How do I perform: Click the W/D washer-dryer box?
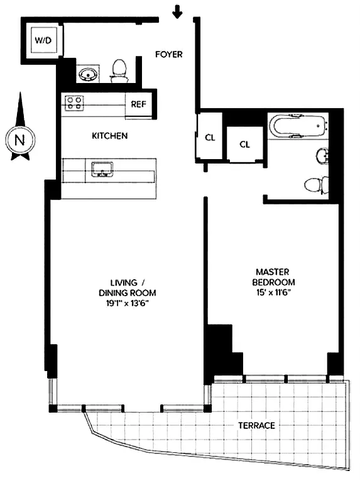[x=43, y=40]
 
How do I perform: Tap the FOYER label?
[x=169, y=55]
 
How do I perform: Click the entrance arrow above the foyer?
[x=178, y=11]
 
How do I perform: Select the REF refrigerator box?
[x=139, y=105]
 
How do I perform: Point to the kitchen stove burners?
[x=74, y=103]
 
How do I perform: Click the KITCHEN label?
[x=110, y=136]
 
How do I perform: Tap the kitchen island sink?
[x=101, y=169]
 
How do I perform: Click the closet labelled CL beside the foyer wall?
[x=210, y=138]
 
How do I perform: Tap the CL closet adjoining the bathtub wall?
[x=245, y=144]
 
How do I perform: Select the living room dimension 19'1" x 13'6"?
[x=127, y=303]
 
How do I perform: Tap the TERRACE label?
[x=256, y=426]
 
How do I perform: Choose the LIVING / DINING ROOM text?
[x=127, y=287]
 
